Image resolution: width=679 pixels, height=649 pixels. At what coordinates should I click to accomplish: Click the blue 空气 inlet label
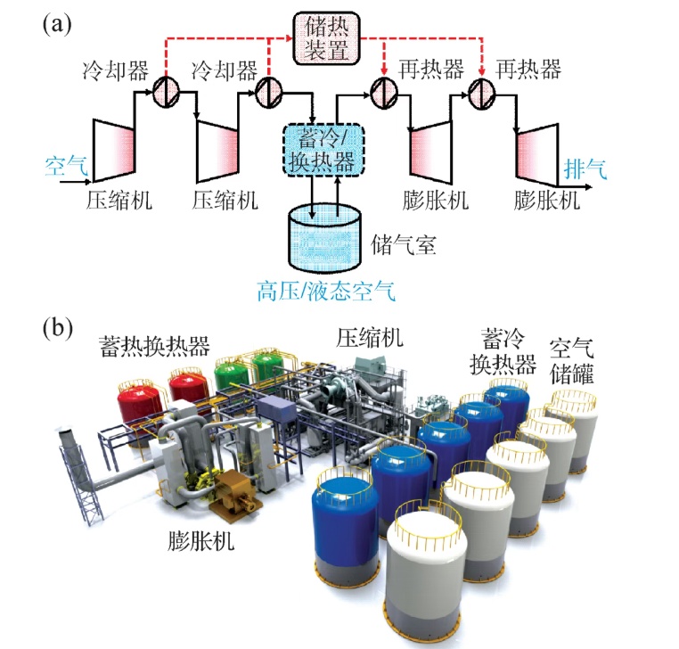click(x=65, y=165)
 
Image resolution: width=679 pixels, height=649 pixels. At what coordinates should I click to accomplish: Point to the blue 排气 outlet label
click(x=584, y=167)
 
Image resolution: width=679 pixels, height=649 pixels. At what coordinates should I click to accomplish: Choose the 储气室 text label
click(x=403, y=245)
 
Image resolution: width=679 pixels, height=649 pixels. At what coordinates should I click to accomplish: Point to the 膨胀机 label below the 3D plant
click(x=201, y=541)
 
